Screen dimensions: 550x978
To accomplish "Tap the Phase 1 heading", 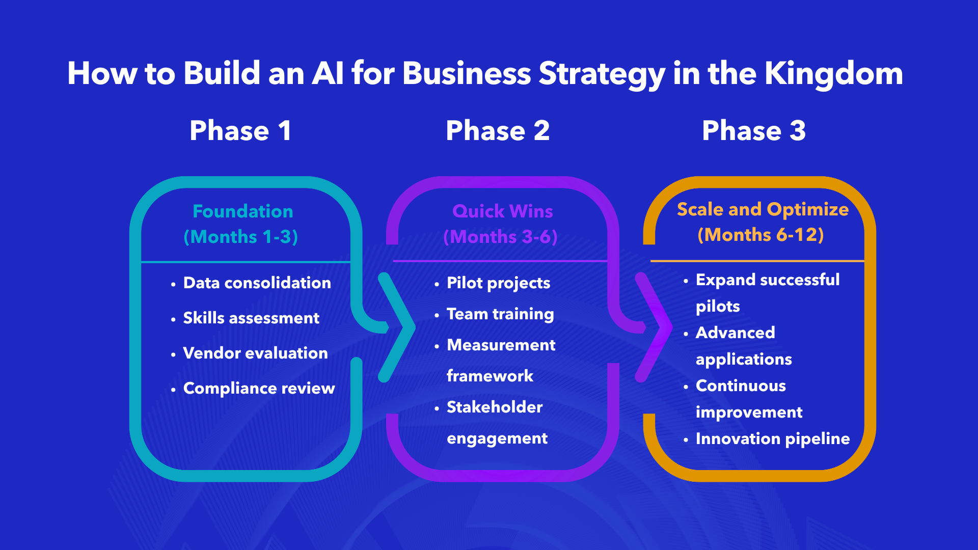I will click(240, 131).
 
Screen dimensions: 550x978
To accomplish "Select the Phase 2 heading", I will click(498, 131).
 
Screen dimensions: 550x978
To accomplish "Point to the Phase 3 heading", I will click(754, 131).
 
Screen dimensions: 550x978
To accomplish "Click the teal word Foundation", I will click(243, 211).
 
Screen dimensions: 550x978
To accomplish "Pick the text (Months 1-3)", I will click(241, 237).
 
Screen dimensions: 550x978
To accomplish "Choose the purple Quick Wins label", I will click(502, 211).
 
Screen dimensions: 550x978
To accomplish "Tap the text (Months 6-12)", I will click(760, 235).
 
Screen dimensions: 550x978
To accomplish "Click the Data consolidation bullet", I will click(257, 283).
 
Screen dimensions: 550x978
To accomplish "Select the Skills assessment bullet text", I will click(251, 318).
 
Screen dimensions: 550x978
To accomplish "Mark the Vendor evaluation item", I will click(255, 353).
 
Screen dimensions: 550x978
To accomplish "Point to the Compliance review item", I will click(259, 389).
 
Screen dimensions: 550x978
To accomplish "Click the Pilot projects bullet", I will click(498, 283).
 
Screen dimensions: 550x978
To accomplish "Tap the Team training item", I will click(500, 314).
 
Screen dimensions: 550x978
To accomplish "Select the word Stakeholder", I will click(495, 407).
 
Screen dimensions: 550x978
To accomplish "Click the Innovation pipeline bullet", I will click(772, 439).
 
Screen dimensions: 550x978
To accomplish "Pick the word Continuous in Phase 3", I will click(741, 386).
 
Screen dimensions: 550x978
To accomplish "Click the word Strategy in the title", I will click(602, 74).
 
